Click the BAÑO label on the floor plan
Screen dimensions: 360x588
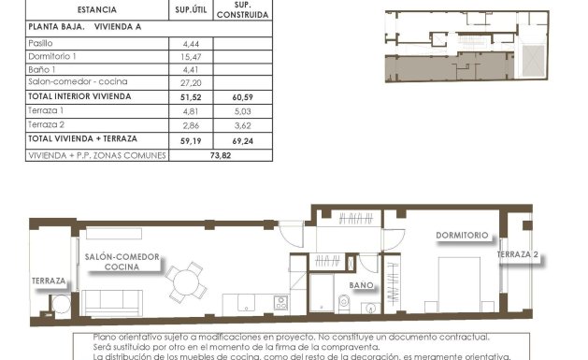[x=362, y=284]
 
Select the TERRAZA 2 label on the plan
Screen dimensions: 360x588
[x=518, y=254]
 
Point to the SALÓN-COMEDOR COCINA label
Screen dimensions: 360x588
[x=122, y=262]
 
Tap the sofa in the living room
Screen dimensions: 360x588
[x=112, y=302]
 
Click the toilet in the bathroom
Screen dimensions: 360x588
[x=343, y=300]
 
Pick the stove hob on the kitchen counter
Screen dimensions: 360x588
[x=280, y=303]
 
